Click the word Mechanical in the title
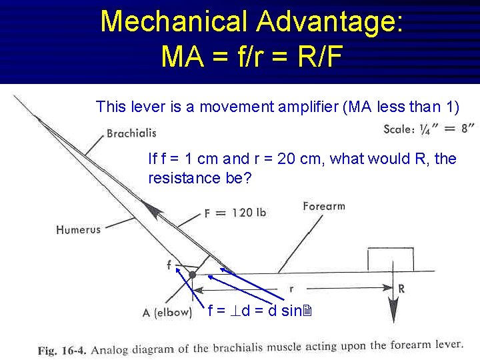pyautogui.click(x=173, y=21)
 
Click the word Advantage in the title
pyautogui.click(x=327, y=21)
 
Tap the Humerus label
pyautogui.click(x=78, y=229)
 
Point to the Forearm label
pyautogui.click(x=323, y=206)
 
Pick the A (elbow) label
pyautogui.click(x=167, y=312)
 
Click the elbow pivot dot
pyautogui.click(x=193, y=274)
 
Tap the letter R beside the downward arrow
pyautogui.click(x=401, y=289)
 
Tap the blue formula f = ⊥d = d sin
pyautogui.click(x=261, y=310)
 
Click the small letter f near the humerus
pyautogui.click(x=169, y=265)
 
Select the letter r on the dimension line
pyautogui.click(x=291, y=289)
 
